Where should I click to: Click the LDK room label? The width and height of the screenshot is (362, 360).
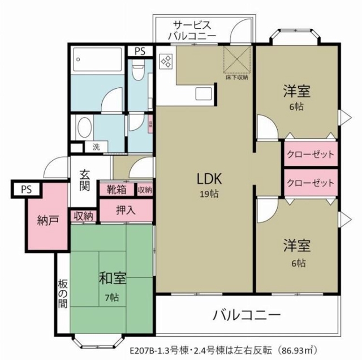click(210, 179)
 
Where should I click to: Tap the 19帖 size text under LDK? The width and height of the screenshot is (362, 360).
click(210, 194)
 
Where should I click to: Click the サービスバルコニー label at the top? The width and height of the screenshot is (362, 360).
click(192, 30)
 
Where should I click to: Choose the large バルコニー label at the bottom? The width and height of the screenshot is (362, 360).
click(247, 315)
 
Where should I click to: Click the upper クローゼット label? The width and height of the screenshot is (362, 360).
click(310, 154)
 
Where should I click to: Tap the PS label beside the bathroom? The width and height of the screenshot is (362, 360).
click(140, 51)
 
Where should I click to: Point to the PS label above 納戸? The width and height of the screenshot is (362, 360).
click(26, 188)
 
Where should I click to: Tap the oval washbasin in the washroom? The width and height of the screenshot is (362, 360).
click(85, 127)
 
